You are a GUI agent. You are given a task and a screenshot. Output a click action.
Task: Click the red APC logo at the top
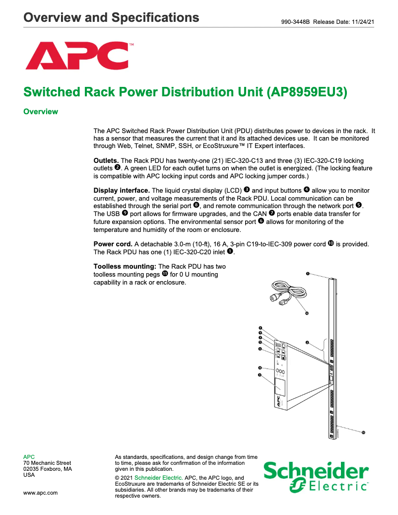click(78, 56)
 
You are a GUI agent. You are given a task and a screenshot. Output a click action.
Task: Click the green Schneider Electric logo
click(316, 477)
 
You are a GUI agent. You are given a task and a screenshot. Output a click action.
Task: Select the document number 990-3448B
click(296, 22)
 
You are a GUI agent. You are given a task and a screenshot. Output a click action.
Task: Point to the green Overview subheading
click(41, 112)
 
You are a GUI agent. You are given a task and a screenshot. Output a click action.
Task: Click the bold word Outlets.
click(106, 161)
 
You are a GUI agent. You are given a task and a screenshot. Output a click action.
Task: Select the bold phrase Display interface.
click(122, 191)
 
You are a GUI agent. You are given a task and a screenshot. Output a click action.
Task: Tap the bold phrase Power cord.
click(113, 244)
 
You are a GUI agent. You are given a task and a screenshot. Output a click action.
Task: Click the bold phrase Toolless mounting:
click(125, 267)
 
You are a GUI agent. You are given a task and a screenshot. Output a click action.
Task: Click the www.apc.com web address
click(41, 493)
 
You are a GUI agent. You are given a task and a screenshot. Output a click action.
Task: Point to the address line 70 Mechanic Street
click(47, 463)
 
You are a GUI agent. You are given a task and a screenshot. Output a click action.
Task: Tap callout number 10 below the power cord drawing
click(307, 313)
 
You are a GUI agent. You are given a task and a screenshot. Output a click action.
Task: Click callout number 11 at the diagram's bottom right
click(363, 433)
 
